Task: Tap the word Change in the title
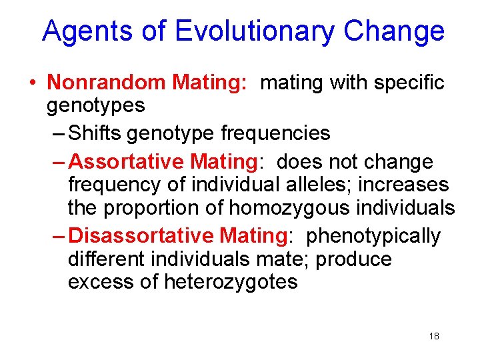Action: (394, 31)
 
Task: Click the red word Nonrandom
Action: (107, 83)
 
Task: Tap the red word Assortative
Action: (127, 162)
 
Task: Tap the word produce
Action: (354, 259)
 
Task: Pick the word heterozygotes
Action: (231, 282)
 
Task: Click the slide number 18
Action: (434, 336)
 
